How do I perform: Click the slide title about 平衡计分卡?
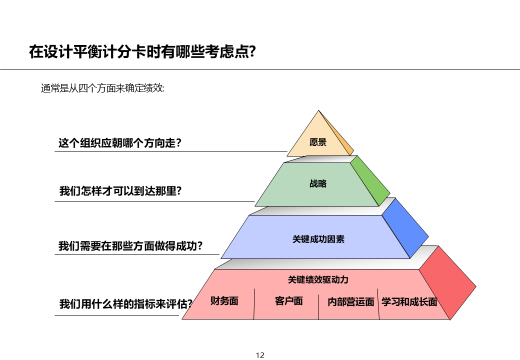tap(142, 52)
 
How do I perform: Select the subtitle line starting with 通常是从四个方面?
tap(102, 88)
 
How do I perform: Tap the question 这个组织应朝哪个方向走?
tap(120, 143)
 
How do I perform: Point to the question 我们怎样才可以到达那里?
tap(120, 191)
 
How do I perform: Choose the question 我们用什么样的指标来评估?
tap(125, 303)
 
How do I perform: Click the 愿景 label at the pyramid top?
tap(318, 142)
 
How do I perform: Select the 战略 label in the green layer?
tap(318, 183)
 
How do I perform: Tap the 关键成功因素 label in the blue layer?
tap(318, 239)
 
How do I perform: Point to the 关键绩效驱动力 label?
tap(318, 279)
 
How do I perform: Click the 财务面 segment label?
tap(224, 301)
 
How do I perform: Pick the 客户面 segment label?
tap(289, 301)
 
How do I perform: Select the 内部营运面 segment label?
tap(351, 302)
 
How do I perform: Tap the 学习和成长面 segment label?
tap(409, 302)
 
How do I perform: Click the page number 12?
tap(260, 355)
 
